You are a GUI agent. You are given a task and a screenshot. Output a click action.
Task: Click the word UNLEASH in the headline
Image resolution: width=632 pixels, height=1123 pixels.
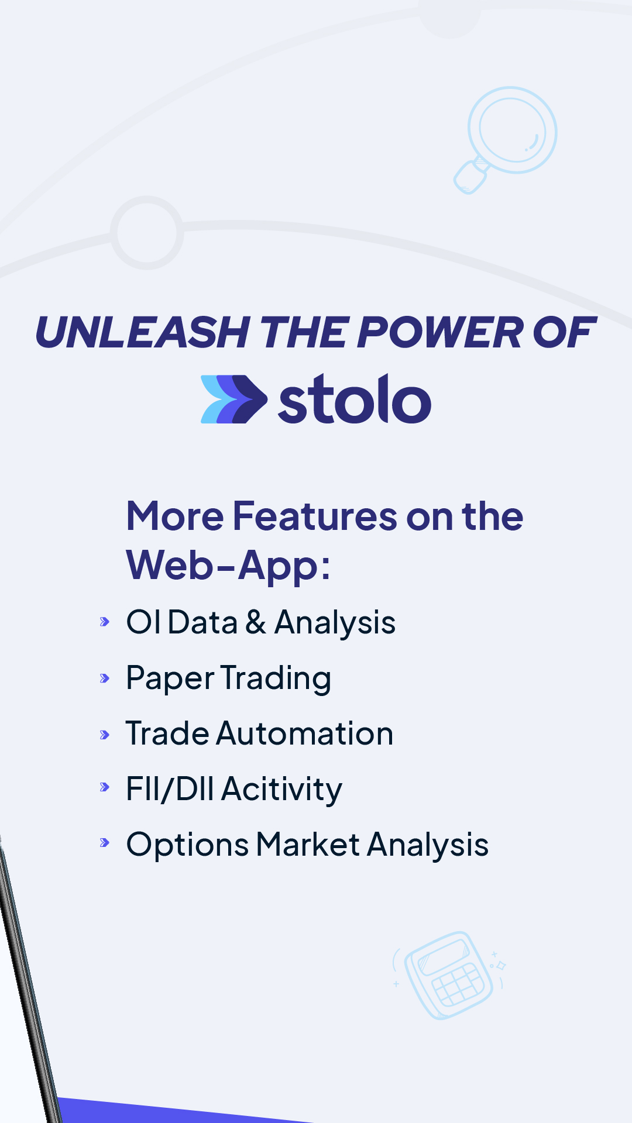coord(143,332)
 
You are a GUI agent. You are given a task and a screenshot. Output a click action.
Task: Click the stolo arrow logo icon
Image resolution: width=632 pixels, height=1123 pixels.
coord(234,399)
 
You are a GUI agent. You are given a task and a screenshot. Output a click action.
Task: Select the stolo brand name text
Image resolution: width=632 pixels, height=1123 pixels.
coord(355,399)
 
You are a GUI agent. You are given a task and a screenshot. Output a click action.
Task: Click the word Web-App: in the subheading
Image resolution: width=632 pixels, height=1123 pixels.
coord(229,566)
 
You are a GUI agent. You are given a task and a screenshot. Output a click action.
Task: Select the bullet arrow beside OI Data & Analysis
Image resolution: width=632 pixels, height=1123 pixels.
coord(105,622)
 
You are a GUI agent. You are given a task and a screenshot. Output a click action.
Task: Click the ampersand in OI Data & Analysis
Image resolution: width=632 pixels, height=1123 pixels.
coord(256,622)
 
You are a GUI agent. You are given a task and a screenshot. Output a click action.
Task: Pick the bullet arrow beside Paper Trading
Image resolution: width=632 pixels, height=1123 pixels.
coord(105,678)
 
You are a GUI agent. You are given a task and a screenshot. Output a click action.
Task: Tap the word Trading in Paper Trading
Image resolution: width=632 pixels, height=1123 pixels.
coord(276,679)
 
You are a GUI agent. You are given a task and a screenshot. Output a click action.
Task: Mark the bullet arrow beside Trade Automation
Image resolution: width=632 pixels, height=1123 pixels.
coord(105,735)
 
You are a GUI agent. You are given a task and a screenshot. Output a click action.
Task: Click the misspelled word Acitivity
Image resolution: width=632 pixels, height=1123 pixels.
coord(282,790)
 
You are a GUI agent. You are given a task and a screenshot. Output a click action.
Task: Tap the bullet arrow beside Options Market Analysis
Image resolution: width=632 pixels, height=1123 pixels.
coord(105,843)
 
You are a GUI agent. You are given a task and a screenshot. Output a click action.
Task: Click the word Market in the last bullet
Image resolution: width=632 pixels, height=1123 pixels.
coord(308,845)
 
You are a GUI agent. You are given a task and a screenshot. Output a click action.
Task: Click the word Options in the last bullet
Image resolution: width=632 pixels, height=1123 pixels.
coord(188,846)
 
